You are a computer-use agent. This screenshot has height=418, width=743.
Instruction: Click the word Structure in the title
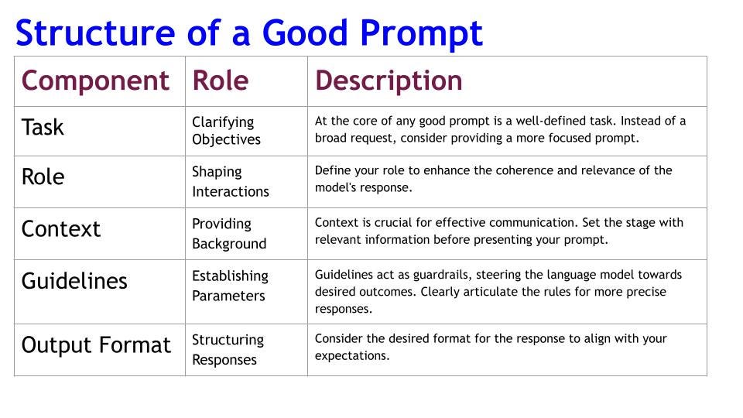click(95, 33)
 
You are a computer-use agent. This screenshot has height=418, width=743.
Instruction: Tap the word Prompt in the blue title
click(421, 35)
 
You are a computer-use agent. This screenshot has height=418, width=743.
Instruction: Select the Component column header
click(95, 81)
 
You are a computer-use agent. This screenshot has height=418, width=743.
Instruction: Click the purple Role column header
click(221, 80)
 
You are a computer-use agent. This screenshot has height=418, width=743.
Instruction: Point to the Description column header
click(389, 81)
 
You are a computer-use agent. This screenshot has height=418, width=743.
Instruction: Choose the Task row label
click(43, 127)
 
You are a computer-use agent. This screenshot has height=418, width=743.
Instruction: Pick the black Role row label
click(43, 176)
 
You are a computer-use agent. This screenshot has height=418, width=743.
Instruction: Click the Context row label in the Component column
click(61, 229)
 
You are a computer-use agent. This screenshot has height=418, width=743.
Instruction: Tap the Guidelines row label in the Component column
click(74, 281)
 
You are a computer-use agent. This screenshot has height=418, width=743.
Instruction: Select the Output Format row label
click(96, 345)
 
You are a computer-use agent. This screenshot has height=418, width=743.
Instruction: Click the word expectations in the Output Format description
click(352, 356)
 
